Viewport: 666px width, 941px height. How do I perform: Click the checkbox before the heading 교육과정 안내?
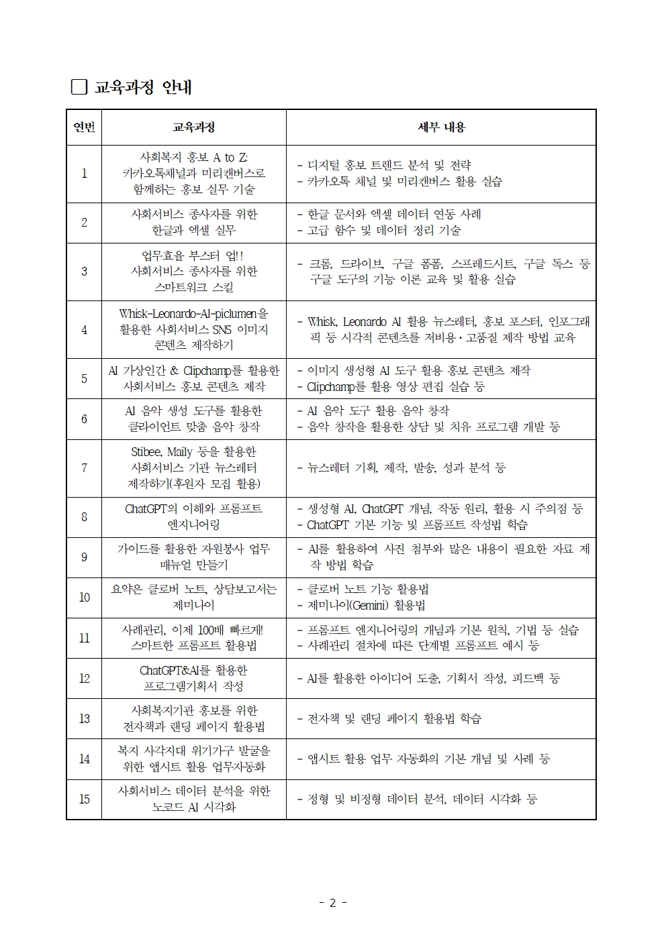point(79,87)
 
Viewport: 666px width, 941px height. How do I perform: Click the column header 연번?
point(84,127)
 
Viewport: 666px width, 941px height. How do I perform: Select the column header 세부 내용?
point(441,127)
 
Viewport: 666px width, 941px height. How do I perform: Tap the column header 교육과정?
point(193,127)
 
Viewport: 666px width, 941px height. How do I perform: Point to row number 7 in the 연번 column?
point(84,468)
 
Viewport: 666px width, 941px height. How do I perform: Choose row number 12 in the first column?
point(84,678)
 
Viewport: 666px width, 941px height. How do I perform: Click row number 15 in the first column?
point(84,799)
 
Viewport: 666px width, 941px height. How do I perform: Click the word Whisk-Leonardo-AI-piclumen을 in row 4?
point(193,313)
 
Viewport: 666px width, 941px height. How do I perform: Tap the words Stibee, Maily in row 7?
point(162,452)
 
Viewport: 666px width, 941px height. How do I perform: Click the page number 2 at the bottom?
point(332,903)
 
